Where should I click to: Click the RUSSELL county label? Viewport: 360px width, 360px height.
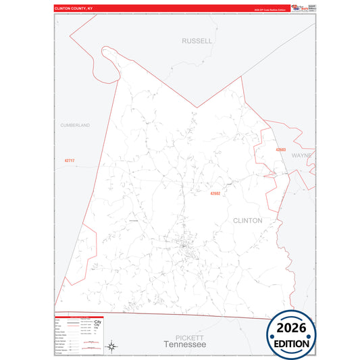(x=197, y=41)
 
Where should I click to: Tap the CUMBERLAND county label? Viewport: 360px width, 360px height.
(x=74, y=125)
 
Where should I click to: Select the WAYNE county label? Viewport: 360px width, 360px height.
(x=301, y=155)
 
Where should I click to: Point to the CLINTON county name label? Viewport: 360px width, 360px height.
(x=247, y=220)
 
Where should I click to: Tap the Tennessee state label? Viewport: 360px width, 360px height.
(x=184, y=344)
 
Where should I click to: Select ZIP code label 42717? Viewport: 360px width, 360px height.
(x=69, y=161)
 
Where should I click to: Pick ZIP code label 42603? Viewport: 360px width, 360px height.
(x=281, y=149)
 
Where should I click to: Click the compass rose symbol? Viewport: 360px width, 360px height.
(x=113, y=347)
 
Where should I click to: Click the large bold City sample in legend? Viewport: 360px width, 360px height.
(x=97, y=323)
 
